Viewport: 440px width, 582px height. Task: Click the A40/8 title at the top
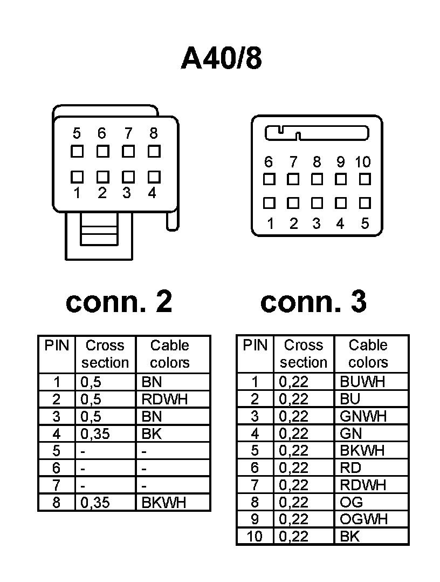pyautogui.click(x=221, y=58)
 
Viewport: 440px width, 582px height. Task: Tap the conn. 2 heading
pyautogui.click(x=119, y=302)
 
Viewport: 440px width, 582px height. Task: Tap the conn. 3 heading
pyautogui.click(x=313, y=302)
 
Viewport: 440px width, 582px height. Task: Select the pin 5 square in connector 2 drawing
pyautogui.click(x=77, y=151)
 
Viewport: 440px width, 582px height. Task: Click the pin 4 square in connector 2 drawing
pyautogui.click(x=154, y=177)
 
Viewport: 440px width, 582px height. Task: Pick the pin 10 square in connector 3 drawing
pyautogui.click(x=365, y=178)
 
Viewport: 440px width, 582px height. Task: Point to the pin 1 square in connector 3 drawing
pyautogui.click(x=269, y=203)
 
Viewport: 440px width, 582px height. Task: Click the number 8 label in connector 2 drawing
pyautogui.click(x=154, y=133)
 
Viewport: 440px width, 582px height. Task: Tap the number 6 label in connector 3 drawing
pyautogui.click(x=269, y=162)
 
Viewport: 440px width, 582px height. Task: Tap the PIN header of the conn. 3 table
pyautogui.click(x=255, y=346)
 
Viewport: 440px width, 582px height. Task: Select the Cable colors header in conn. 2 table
pyautogui.click(x=170, y=354)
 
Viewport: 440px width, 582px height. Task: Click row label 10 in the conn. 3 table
pyautogui.click(x=255, y=537)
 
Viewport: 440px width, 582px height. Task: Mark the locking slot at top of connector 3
pyautogui.click(x=317, y=133)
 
